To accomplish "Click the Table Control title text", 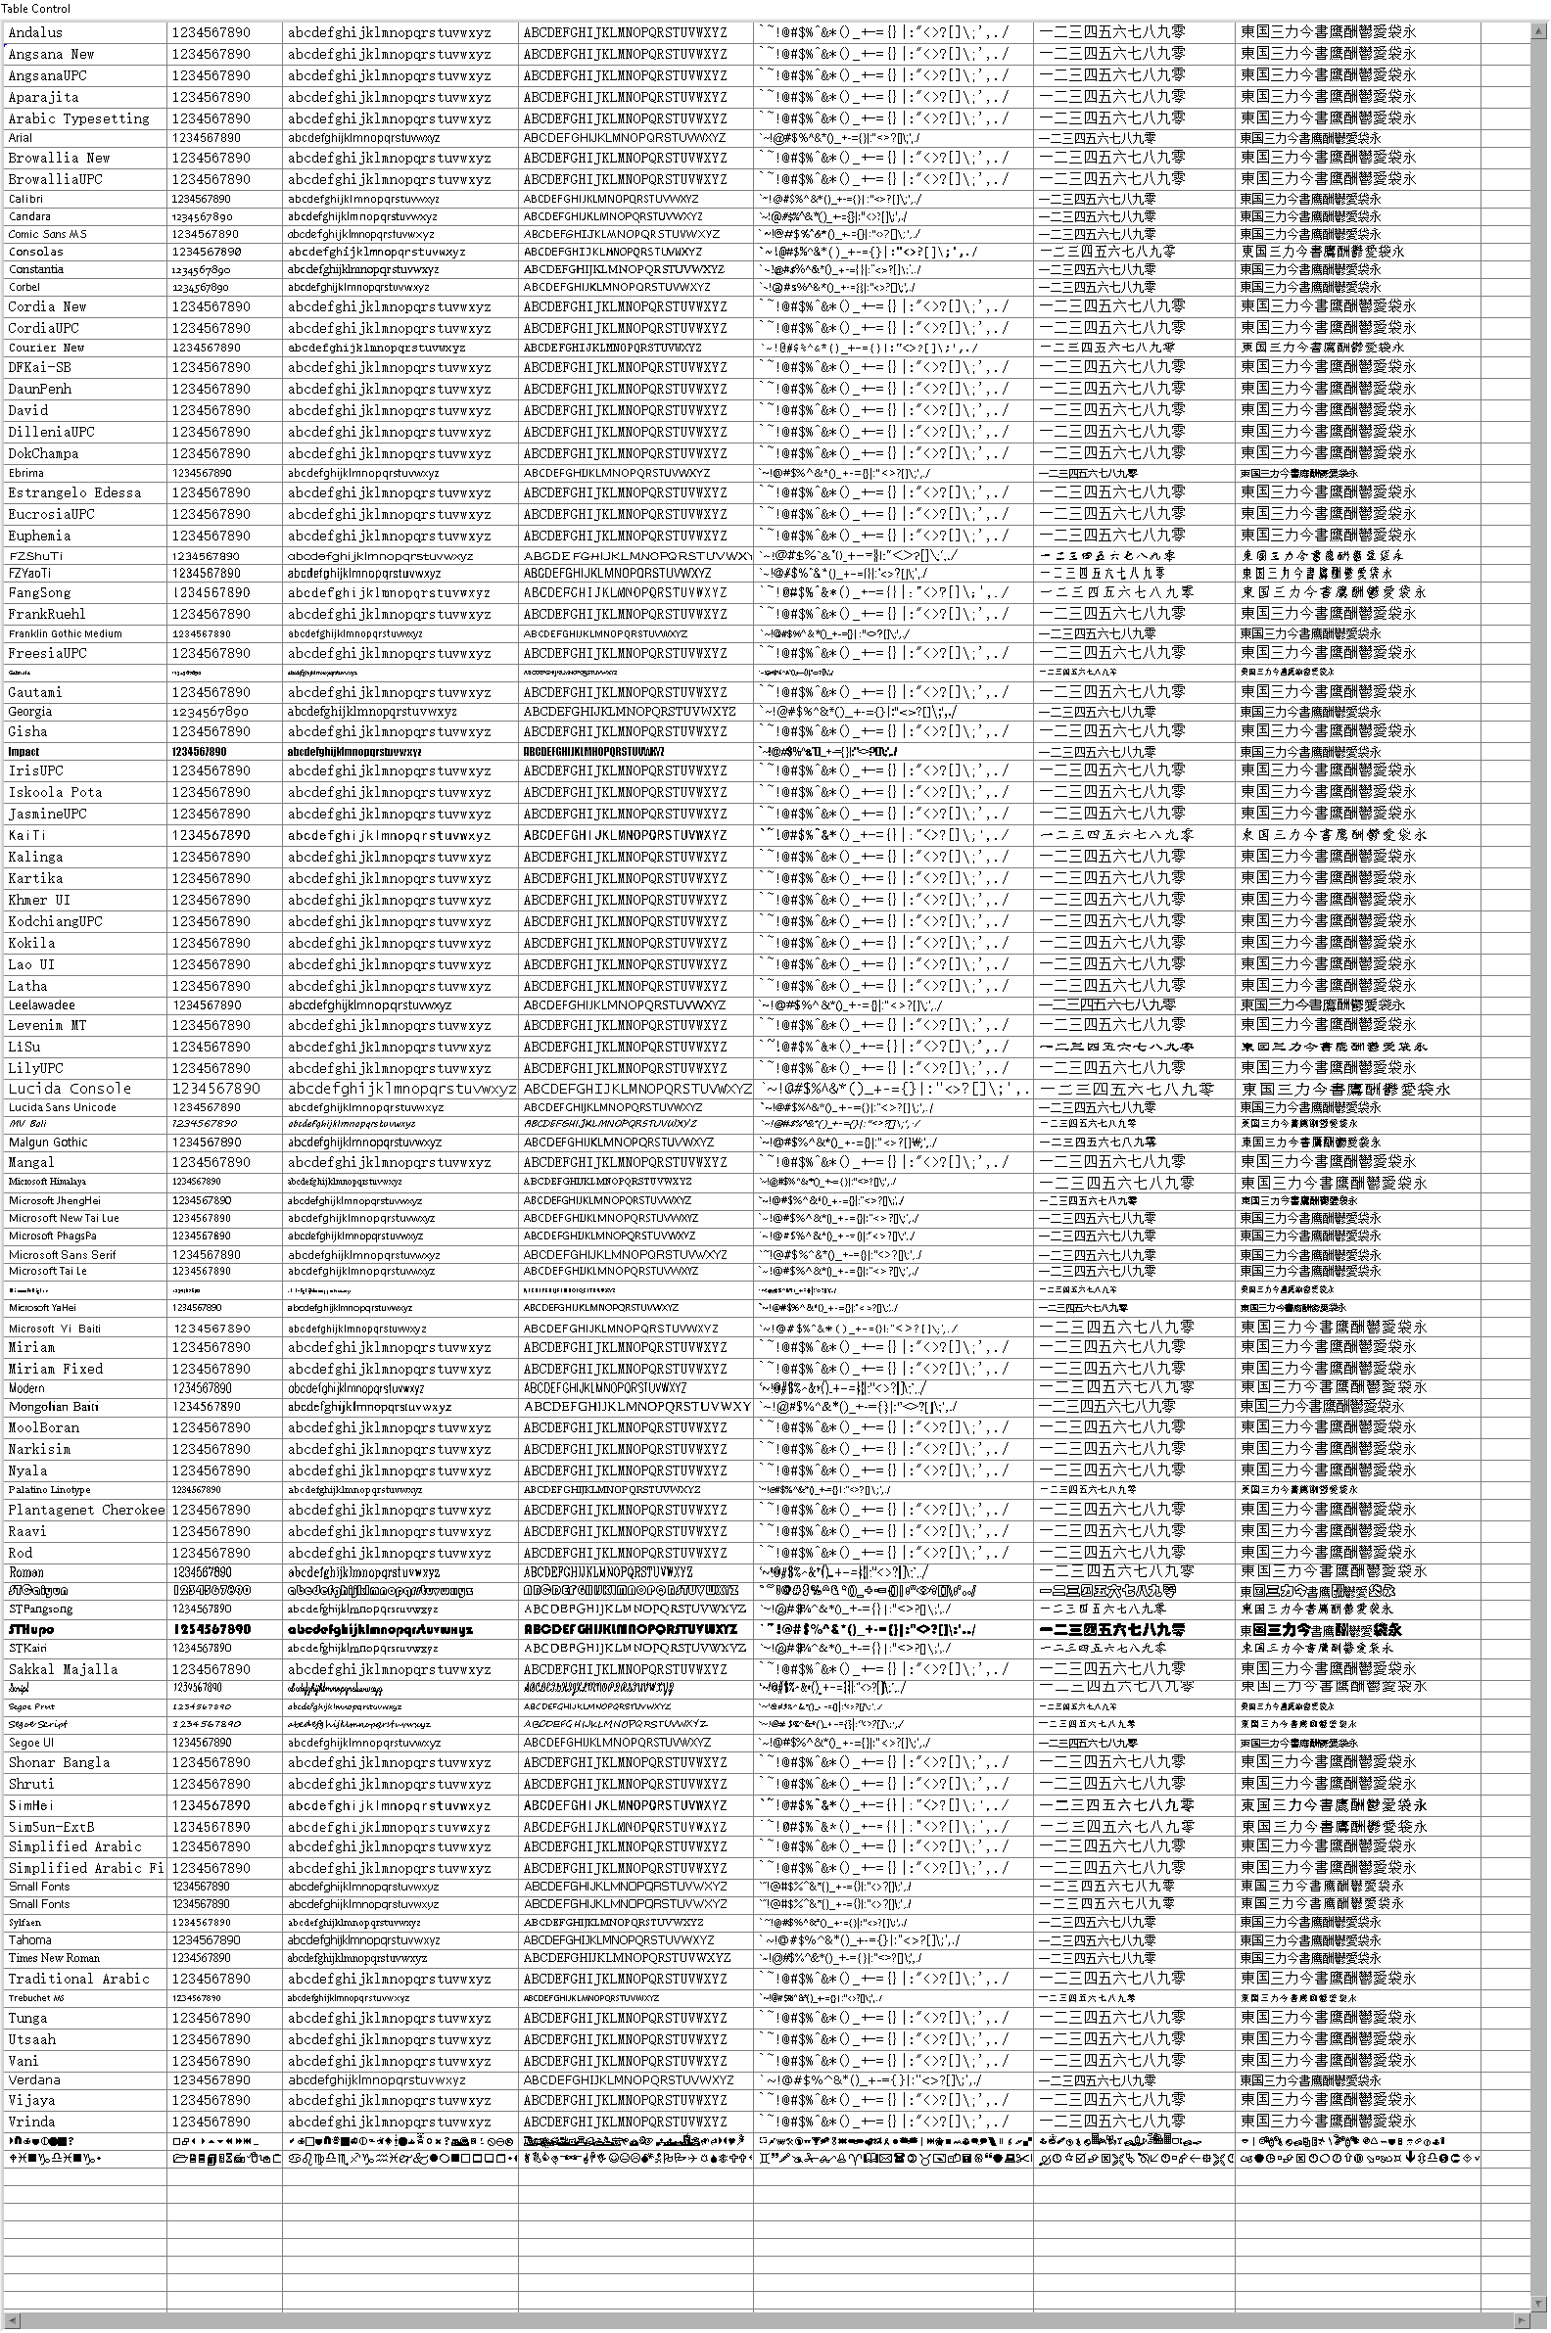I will (x=35, y=9).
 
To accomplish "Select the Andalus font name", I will (x=35, y=32).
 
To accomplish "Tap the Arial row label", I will (x=21, y=138).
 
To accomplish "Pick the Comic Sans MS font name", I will (x=47, y=234).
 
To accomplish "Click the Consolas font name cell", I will (x=35, y=253).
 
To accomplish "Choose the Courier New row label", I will (x=46, y=349).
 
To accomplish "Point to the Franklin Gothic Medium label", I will (x=66, y=634).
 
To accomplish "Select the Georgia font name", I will (x=30, y=712).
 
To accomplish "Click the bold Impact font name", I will (x=23, y=752).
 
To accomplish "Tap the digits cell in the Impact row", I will (x=199, y=752).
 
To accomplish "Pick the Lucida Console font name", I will (x=70, y=1089).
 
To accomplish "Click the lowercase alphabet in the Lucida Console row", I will (x=401, y=1089).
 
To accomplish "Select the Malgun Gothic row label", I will (x=49, y=1143).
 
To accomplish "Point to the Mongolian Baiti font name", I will (x=54, y=1407).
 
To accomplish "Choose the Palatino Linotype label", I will (x=50, y=1490).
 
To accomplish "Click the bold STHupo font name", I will (x=31, y=1629).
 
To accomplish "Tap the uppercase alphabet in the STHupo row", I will (x=631, y=1629).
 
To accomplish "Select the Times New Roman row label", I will (x=55, y=1957).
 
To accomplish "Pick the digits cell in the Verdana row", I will (x=211, y=2078).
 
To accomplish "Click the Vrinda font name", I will (x=33, y=2122).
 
